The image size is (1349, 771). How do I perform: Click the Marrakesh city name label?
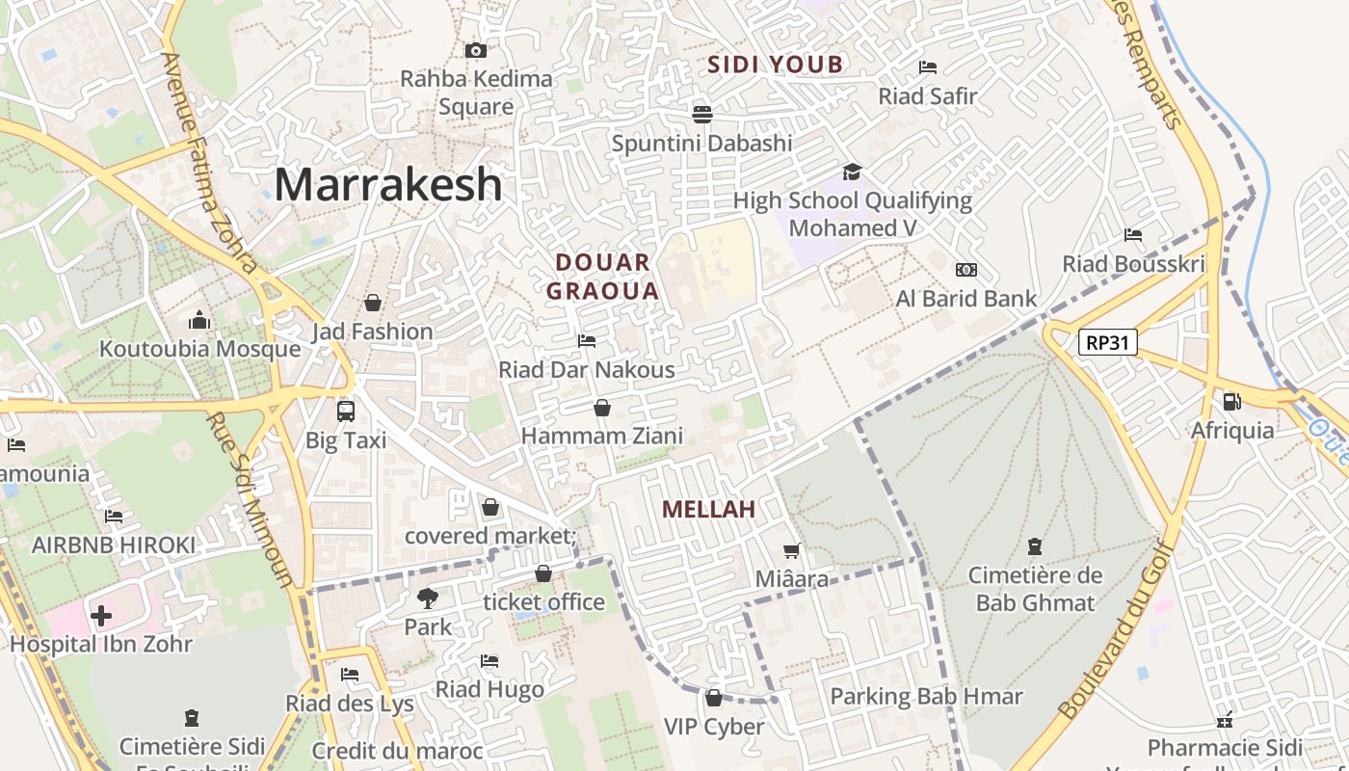(388, 184)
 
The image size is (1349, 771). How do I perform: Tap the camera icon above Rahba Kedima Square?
(475, 50)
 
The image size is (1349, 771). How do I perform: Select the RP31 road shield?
(1108, 341)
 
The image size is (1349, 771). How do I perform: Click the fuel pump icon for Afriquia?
(1231, 402)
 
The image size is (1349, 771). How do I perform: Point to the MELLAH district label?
(708, 509)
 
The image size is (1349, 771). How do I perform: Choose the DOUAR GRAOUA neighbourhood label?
(603, 277)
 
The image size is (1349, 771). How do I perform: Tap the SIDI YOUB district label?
(776, 65)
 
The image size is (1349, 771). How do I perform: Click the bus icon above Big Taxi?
(345, 411)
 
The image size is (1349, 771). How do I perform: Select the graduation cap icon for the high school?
(852, 172)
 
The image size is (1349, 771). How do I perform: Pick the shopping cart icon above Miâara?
(792, 550)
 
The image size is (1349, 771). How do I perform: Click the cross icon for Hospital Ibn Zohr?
(101, 615)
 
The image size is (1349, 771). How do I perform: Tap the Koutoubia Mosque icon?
(199, 319)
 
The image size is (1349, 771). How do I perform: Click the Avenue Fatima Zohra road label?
(210, 162)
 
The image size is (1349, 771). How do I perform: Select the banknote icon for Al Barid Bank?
(965, 270)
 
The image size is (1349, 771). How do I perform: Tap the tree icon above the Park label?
(427, 598)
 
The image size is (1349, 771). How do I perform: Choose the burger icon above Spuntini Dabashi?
(701, 114)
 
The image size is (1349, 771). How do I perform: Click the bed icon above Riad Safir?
(928, 67)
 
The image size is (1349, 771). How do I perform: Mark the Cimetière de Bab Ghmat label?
(1035, 590)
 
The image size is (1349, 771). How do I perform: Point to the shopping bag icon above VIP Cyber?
(714, 698)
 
